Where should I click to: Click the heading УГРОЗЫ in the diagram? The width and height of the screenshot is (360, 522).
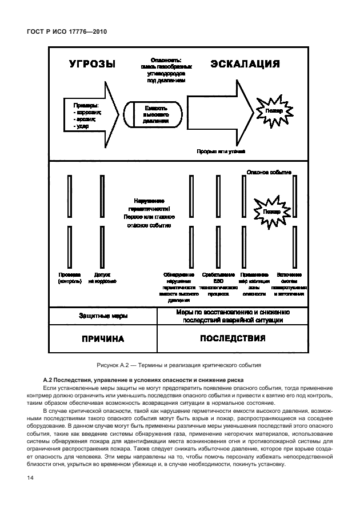[x=93, y=65]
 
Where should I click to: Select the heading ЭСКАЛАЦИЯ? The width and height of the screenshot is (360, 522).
[x=245, y=64]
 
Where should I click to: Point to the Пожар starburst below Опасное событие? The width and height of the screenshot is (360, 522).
[x=272, y=212]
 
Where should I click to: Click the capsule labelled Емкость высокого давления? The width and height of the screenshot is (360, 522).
[x=155, y=114]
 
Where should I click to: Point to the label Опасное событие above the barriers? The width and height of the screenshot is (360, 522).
[x=269, y=172]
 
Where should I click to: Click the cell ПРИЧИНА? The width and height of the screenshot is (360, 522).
[x=103, y=338]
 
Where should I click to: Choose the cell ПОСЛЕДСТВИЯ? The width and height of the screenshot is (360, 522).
[x=233, y=338]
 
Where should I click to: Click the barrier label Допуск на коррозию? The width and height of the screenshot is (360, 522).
[x=102, y=278]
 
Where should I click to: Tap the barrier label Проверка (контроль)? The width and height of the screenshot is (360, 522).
[x=69, y=278]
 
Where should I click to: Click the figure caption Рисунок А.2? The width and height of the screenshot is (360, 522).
[x=179, y=364]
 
